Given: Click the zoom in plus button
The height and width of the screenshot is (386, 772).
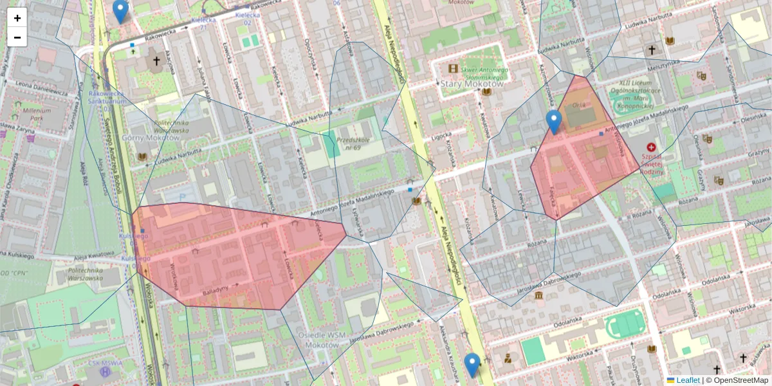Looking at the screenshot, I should (x=17, y=18).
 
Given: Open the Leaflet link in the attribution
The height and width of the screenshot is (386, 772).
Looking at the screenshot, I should (x=688, y=380).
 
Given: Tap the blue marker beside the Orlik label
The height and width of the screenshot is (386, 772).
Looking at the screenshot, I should (x=553, y=122).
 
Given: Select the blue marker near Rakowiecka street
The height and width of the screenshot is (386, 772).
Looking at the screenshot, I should (x=120, y=11).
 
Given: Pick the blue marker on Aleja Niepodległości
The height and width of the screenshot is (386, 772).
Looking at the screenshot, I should (x=472, y=365).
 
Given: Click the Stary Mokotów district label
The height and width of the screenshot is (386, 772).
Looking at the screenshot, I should (x=472, y=84).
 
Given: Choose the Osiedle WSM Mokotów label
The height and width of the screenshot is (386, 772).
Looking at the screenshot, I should (x=333, y=340).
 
